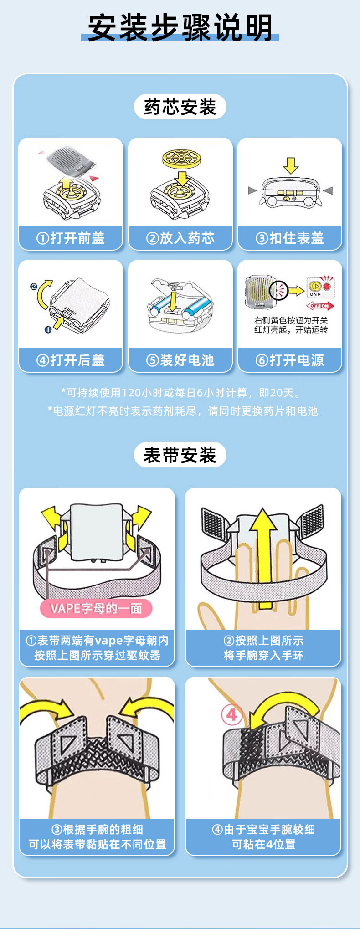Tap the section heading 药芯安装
click(180, 107)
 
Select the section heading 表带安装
click(180, 455)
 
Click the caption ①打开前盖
click(71, 238)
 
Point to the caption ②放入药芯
click(180, 238)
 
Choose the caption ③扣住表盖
click(290, 238)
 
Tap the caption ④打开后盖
click(71, 360)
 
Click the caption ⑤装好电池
click(180, 360)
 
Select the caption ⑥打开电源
click(290, 360)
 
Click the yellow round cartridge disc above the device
click(181, 157)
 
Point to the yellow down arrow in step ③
click(290, 165)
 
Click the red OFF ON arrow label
click(320, 306)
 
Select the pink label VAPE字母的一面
click(96, 608)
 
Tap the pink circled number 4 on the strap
click(231, 714)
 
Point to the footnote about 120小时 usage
click(181, 393)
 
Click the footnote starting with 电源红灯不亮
click(183, 411)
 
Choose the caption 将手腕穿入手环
click(263, 655)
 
